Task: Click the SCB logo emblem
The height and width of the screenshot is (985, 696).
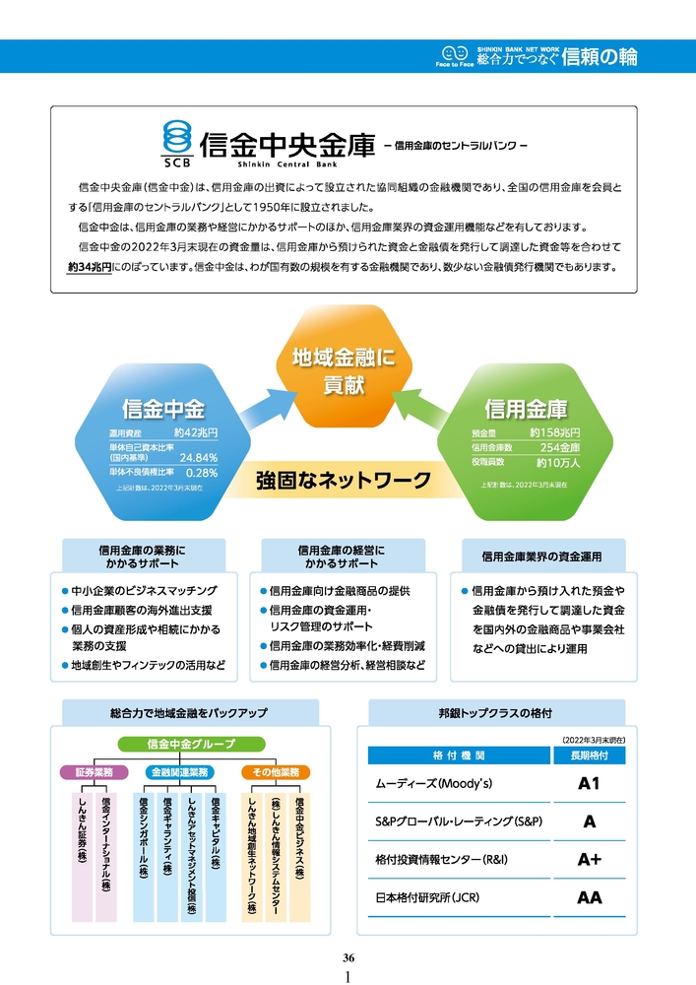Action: pyautogui.click(x=177, y=139)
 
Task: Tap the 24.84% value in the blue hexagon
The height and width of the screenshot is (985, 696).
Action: pyautogui.click(x=198, y=457)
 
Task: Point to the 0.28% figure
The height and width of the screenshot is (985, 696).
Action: pyautogui.click(x=202, y=472)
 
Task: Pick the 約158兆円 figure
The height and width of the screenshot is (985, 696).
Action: pyautogui.click(x=554, y=432)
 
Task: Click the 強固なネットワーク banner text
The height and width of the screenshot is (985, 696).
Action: pyautogui.click(x=344, y=481)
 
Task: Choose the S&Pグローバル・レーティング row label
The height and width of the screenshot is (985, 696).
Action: pyautogui.click(x=460, y=821)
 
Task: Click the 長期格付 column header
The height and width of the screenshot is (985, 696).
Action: pyautogui.click(x=590, y=755)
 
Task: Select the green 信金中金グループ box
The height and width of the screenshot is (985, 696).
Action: pyautogui.click(x=191, y=744)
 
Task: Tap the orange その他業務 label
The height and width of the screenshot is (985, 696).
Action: pyautogui.click(x=275, y=771)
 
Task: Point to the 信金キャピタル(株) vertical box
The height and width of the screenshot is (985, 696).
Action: pyautogui.click(x=216, y=855)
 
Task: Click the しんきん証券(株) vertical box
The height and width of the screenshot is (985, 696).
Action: pyautogui.click(x=82, y=855)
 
